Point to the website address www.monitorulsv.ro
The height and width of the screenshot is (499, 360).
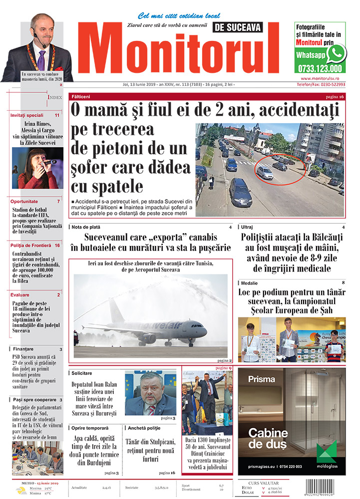(321, 78)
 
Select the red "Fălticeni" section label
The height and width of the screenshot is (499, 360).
(81, 96)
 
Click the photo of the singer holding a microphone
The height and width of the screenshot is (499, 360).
(37, 168)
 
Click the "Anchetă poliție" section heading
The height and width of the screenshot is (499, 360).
(144, 428)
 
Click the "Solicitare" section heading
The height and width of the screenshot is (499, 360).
(82, 373)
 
